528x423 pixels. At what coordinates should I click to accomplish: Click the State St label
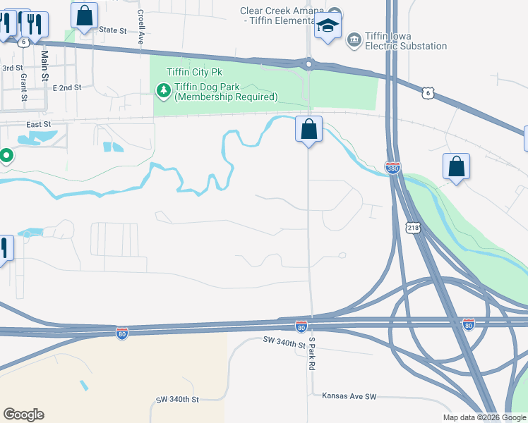pos(112,30)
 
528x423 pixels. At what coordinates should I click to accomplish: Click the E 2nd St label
pos(67,87)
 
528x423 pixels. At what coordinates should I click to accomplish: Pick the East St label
pos(39,124)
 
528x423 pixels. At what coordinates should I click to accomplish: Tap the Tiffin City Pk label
pos(193,73)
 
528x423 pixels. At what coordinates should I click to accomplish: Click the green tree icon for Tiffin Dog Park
pos(163,90)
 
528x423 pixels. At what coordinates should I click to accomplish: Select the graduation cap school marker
pos(328,27)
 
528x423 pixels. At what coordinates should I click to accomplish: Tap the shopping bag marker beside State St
pos(84,15)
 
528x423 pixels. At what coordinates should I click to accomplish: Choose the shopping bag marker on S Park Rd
pos(308,129)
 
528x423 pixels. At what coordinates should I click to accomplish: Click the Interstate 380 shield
pos(392,167)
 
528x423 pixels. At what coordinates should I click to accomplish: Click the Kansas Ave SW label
pos(349,396)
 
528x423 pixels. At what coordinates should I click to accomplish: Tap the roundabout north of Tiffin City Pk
pos(308,64)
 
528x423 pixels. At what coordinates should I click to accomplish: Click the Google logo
pos(23,414)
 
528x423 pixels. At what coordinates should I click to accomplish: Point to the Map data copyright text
pos(484,417)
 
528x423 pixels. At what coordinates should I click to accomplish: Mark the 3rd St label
pos(12,68)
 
